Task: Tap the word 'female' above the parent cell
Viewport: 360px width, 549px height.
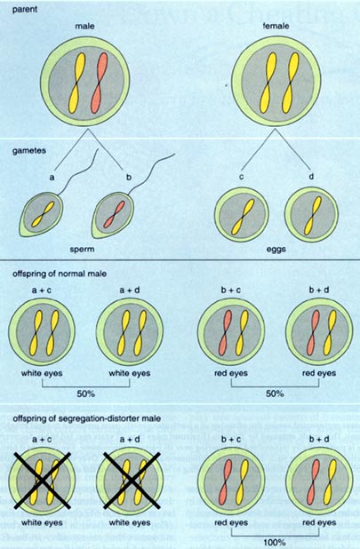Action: (x=276, y=26)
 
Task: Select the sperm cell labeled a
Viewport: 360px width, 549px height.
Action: (x=41, y=215)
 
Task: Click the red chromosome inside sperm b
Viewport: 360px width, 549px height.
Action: (x=114, y=215)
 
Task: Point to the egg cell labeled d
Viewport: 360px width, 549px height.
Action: (x=312, y=214)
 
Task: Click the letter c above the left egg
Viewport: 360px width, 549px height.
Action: (x=241, y=177)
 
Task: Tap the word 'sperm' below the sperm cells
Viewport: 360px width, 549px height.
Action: (x=82, y=250)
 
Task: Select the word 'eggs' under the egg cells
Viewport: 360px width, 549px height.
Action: (x=276, y=250)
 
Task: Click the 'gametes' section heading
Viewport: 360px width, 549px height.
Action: (x=29, y=150)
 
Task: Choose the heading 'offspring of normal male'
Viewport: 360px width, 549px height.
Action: (x=60, y=274)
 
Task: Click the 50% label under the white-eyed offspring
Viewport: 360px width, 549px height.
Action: (x=86, y=394)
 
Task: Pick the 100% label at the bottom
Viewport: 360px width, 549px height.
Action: (x=275, y=543)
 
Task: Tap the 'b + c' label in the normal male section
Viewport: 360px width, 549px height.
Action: (x=231, y=290)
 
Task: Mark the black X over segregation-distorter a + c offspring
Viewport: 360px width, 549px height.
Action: (x=42, y=480)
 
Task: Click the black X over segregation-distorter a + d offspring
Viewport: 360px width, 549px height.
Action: (x=132, y=480)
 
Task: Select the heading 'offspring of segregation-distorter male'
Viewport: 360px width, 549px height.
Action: (x=86, y=418)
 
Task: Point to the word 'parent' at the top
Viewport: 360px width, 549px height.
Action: (x=25, y=10)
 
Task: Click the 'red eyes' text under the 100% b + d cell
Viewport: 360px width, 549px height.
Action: (x=319, y=522)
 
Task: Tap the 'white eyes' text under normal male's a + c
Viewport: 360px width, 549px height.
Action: (x=42, y=373)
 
